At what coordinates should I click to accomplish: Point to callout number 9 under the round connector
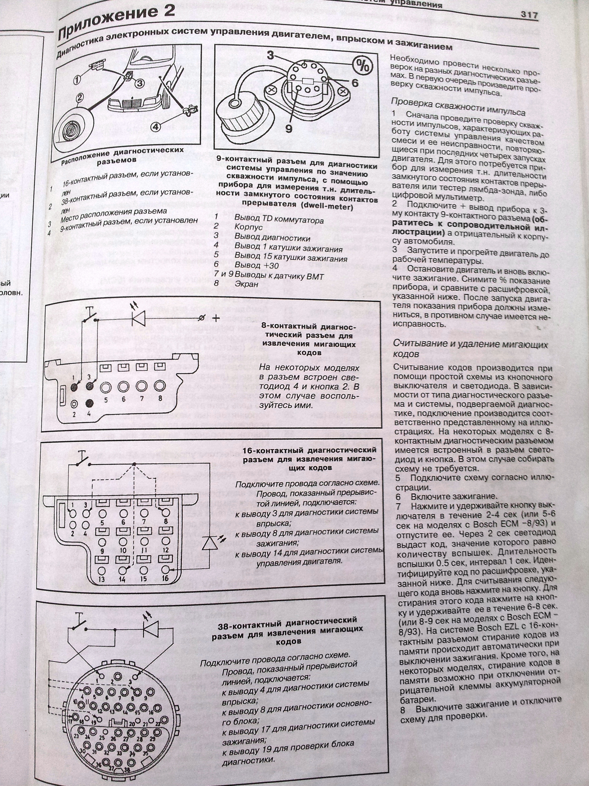(289, 129)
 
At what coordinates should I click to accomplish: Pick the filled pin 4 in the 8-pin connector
(89, 404)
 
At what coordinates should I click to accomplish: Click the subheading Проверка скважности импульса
(458, 108)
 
